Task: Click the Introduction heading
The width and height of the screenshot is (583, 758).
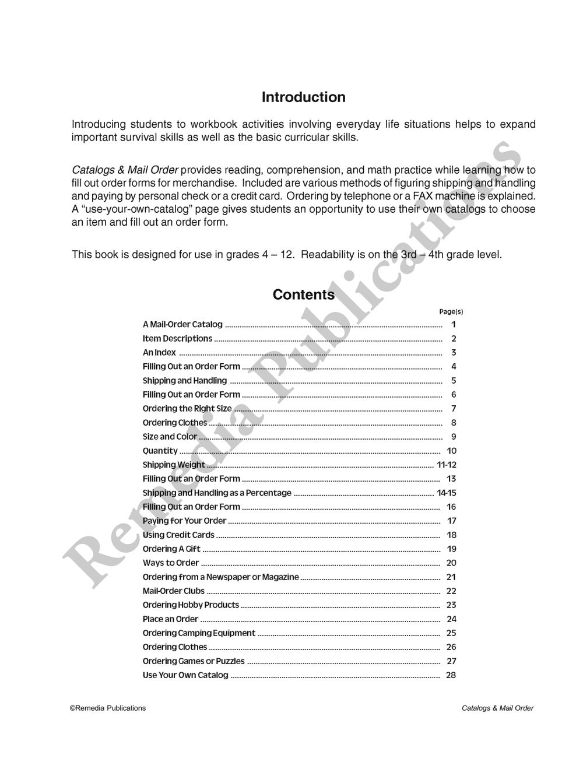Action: [303, 97]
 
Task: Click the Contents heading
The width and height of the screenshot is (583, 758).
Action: [303, 295]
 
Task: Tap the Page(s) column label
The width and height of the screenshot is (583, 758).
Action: [451, 312]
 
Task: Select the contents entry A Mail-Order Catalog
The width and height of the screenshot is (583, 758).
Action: [182, 325]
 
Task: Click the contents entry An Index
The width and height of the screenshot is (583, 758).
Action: [159, 353]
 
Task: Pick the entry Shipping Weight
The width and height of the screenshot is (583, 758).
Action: [174, 465]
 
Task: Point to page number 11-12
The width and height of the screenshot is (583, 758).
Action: [447, 465]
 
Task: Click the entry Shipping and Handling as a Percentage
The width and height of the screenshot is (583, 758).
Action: [217, 493]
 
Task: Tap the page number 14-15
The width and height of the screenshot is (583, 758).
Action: [447, 493]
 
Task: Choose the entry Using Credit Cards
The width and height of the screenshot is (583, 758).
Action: [178, 535]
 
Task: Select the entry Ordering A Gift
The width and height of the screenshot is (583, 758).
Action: [171, 549]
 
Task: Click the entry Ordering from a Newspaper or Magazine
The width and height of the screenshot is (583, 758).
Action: [220, 577]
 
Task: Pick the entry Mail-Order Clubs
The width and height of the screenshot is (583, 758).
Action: [174, 591]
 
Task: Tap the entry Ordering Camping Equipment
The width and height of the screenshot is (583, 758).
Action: [199, 633]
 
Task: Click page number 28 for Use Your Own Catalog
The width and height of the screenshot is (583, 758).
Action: [451, 675]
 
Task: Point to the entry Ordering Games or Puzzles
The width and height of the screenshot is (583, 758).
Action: [194, 661]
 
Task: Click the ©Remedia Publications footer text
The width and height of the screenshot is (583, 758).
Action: [108, 708]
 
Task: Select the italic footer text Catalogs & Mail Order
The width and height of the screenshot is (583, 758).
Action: [497, 708]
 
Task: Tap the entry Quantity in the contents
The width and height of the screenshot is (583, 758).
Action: [160, 451]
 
